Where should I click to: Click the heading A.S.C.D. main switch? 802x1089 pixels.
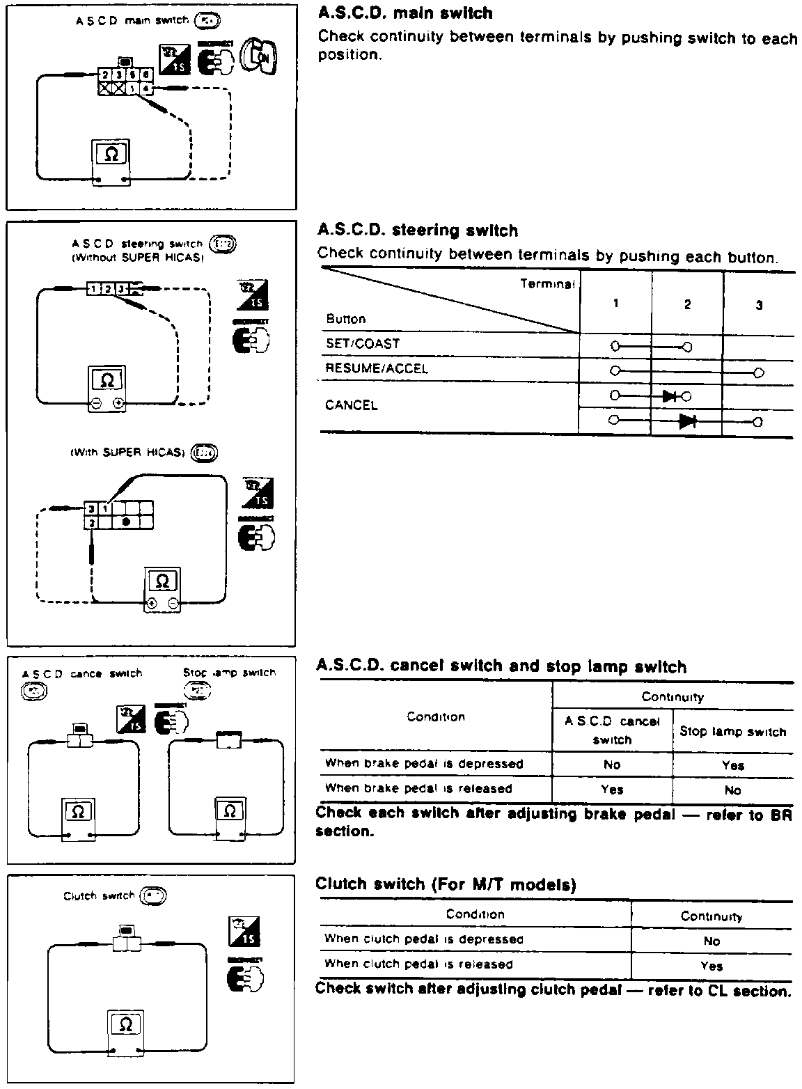[405, 13]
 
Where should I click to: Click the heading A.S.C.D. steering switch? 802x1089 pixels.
[418, 230]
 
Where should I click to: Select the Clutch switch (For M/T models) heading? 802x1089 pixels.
[446, 884]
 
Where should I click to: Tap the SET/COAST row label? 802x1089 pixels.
[363, 344]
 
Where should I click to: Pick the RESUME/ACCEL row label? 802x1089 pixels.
[377, 368]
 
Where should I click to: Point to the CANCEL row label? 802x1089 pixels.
[352, 405]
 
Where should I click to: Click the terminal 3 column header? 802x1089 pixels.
[759, 305]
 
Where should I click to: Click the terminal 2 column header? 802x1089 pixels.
[687, 304]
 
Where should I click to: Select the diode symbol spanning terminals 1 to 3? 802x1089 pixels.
[688, 421]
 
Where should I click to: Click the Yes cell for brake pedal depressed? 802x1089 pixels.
[733, 765]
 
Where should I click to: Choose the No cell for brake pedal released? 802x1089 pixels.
[733, 790]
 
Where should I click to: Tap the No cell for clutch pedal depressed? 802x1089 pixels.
[711, 941]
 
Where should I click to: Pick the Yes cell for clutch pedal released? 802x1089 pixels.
[711, 966]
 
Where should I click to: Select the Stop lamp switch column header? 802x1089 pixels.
[733, 732]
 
